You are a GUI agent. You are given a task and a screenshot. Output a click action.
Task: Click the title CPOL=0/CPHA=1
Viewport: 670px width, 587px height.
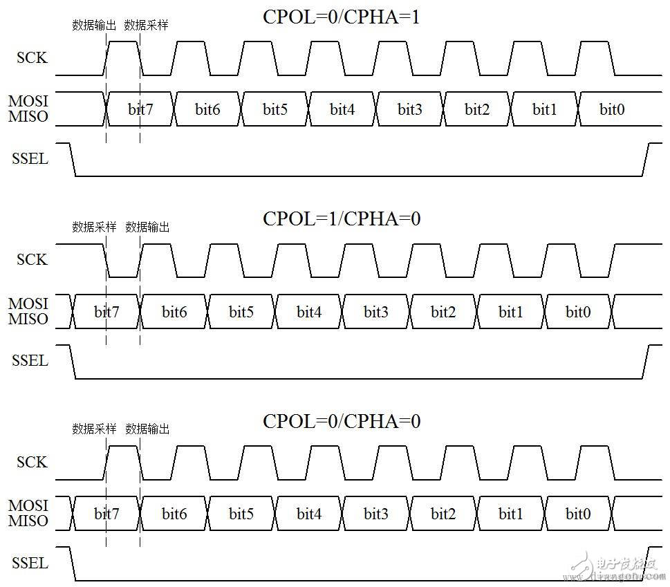pyautogui.click(x=341, y=17)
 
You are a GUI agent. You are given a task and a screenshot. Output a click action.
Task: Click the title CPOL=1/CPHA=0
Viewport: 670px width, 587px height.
pyautogui.click(x=341, y=218)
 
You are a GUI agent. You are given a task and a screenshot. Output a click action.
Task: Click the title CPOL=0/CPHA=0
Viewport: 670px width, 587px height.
pyautogui.click(x=341, y=420)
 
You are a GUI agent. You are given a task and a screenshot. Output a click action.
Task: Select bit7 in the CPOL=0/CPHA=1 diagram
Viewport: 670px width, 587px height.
pyautogui.click(x=140, y=109)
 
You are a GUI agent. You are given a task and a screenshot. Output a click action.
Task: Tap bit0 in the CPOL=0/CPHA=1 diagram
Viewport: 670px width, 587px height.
pyautogui.click(x=612, y=109)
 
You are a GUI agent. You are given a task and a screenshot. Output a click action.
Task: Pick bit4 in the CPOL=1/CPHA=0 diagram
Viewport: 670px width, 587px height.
pyautogui.click(x=309, y=312)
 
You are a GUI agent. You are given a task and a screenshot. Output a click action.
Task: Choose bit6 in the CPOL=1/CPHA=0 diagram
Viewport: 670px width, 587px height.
pyautogui.click(x=174, y=312)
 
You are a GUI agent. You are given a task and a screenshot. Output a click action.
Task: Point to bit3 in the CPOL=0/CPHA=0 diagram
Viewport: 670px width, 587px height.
pyautogui.click(x=376, y=514)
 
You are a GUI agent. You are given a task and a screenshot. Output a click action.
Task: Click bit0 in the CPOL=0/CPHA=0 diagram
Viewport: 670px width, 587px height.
pyautogui.click(x=578, y=514)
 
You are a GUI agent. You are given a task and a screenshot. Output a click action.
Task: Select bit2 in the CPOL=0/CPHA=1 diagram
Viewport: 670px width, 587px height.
pyautogui.click(x=477, y=109)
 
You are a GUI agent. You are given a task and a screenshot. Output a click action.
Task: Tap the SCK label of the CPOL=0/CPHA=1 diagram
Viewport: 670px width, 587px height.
pyautogui.click(x=32, y=57)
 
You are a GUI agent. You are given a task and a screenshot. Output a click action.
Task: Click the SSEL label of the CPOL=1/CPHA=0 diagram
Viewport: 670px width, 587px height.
pyautogui.click(x=30, y=360)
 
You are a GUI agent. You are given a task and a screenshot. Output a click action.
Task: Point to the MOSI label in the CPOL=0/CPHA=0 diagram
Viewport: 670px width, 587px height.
pyautogui.click(x=28, y=505)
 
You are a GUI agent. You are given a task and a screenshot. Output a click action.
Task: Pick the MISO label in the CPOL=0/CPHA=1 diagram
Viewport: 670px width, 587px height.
pyautogui.click(x=28, y=117)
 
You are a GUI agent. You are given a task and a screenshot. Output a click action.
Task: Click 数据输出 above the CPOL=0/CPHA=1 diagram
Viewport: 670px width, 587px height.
pyautogui.click(x=94, y=26)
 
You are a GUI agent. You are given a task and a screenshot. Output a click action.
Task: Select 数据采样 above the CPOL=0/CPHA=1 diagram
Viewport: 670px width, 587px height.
pyautogui.click(x=146, y=26)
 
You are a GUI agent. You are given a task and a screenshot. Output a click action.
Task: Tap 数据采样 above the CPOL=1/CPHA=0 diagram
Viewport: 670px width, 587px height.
pyautogui.click(x=94, y=227)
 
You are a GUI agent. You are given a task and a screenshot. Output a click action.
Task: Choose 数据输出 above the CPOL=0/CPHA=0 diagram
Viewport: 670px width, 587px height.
pyautogui.click(x=147, y=429)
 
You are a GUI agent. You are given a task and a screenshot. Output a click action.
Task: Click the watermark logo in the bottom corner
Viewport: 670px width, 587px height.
pyautogui.click(x=611, y=566)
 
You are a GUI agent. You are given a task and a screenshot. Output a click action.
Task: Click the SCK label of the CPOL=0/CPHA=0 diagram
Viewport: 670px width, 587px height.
pyautogui.click(x=32, y=462)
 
